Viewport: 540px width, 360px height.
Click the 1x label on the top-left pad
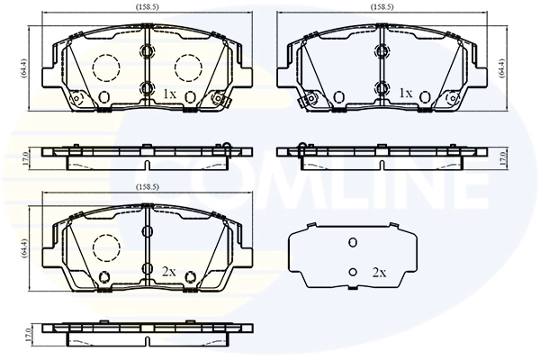[x=169, y=94]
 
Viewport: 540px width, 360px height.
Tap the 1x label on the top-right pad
[x=405, y=93]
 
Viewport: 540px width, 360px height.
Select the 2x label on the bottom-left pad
[x=169, y=272]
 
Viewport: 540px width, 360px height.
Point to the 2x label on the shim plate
[x=379, y=273]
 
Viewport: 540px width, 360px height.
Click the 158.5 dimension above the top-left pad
[x=147, y=6]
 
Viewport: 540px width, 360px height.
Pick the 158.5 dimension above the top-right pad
[x=382, y=6]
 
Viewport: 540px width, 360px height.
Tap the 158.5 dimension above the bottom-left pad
[x=147, y=187]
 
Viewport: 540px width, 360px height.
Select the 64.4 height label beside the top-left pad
[x=24, y=68]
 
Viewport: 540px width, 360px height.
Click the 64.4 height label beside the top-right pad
[x=502, y=67]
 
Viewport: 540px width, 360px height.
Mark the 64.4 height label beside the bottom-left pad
[x=24, y=247]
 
